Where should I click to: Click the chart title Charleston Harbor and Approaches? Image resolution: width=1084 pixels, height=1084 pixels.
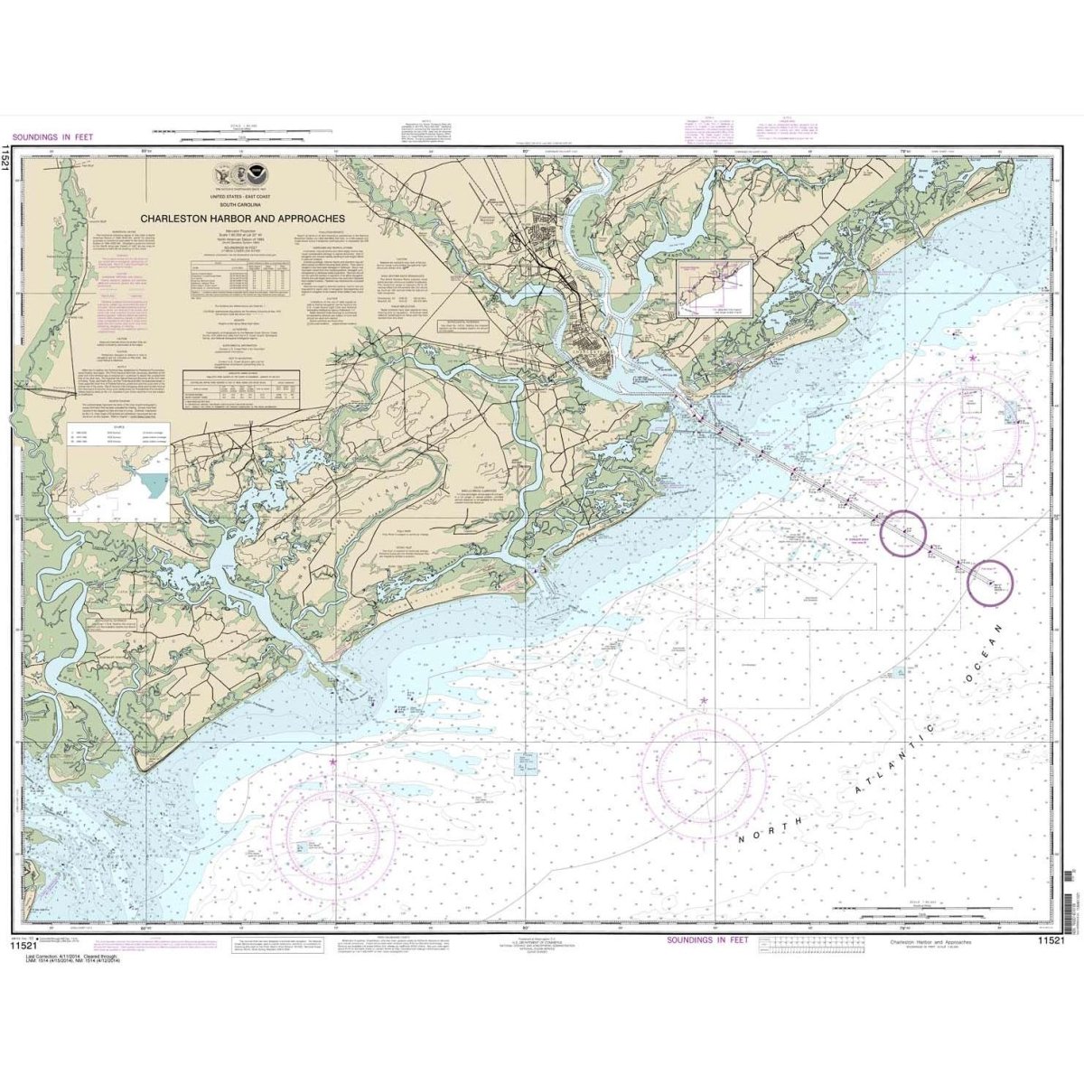click(x=241, y=219)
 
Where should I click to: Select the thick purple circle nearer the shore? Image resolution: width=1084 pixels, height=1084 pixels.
click(x=905, y=533)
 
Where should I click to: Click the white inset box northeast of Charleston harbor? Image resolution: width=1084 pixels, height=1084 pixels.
click(x=715, y=289)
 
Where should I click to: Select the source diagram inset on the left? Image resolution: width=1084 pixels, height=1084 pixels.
click(x=118, y=472)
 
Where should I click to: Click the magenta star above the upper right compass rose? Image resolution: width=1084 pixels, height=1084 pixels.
click(x=972, y=359)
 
